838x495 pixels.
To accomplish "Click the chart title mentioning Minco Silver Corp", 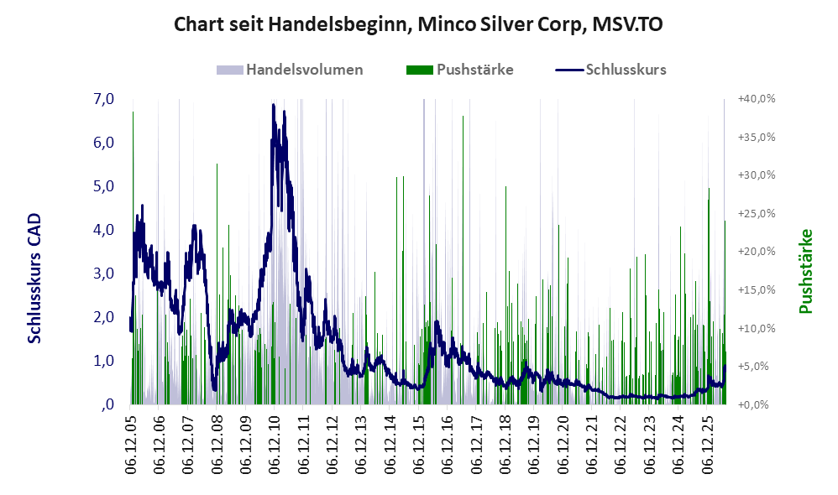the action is [418, 24].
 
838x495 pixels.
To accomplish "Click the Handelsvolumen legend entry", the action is [290, 70].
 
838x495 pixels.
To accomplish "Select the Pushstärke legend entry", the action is [459, 70].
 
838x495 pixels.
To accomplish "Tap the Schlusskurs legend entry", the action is [610, 70].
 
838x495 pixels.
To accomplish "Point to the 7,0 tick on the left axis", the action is [103, 99].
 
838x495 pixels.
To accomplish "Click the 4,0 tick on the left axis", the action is [103, 230].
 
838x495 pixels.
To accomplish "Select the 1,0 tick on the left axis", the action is [103, 361].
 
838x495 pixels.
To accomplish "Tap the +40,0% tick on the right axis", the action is [757, 99].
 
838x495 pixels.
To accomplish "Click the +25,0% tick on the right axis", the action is [757, 214].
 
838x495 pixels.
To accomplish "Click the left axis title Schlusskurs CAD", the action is [34, 279].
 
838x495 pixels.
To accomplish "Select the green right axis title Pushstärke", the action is [805, 271].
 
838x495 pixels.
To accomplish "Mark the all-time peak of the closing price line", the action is [273, 105].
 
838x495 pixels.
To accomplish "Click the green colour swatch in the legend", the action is [420, 70].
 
